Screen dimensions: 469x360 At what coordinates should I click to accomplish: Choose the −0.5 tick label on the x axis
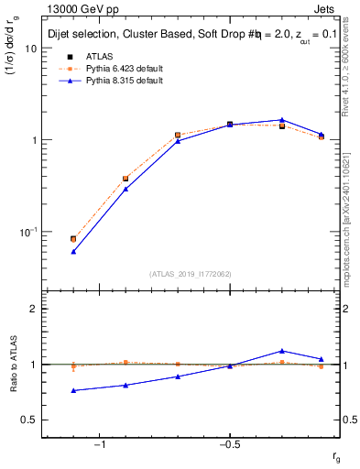pos(229,444)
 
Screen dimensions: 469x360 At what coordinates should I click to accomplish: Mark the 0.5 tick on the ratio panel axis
pos(30,420)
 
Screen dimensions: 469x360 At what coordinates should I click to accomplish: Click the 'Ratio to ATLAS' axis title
pos(14,365)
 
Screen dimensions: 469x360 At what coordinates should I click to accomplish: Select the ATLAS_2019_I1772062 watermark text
pos(191,273)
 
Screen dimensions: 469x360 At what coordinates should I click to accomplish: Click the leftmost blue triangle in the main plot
pos(73,251)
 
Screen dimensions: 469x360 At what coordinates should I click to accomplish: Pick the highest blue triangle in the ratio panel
pos(282,351)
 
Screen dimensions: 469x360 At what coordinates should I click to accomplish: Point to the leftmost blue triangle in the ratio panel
pos(73,390)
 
